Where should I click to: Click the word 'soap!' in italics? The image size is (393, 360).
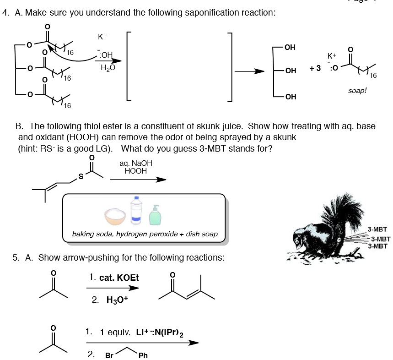[x=357, y=91]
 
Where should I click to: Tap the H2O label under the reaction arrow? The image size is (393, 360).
[x=108, y=67]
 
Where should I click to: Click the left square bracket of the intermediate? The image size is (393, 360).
[x=129, y=66]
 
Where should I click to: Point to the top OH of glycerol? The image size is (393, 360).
[x=290, y=47]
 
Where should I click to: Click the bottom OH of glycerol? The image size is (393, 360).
[x=290, y=97]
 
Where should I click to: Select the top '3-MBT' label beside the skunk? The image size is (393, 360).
[x=377, y=229]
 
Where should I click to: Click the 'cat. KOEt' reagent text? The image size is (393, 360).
[x=114, y=278]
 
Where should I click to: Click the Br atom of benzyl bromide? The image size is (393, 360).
[x=110, y=355]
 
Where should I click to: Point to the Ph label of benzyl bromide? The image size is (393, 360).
[x=143, y=355]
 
